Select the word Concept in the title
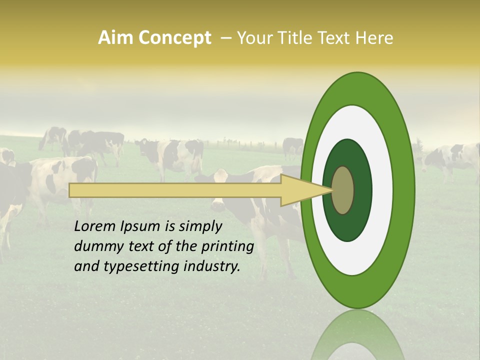[174, 38]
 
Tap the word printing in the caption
[227, 246]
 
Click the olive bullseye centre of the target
[343, 190]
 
